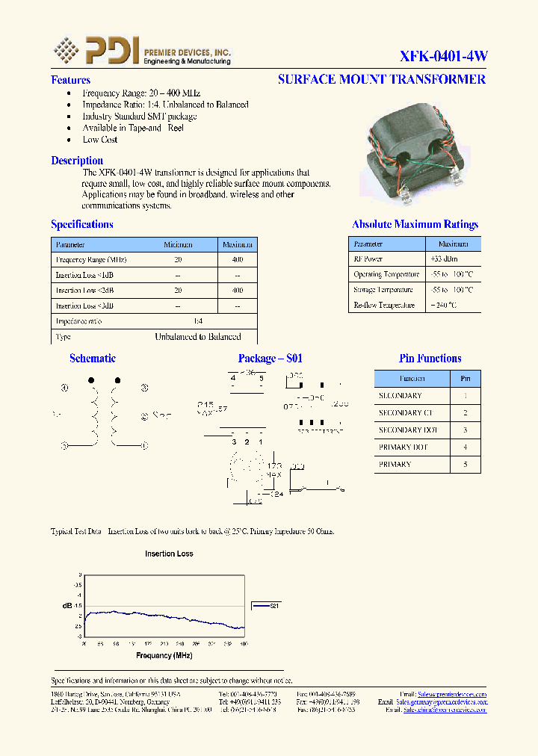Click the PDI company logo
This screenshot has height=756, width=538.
coord(96,51)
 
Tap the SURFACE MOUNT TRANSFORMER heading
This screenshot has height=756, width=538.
coord(381,79)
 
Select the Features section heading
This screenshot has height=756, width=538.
coord(70,80)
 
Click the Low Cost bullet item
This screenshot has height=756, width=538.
coord(100,140)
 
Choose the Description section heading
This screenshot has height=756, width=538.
coord(77,161)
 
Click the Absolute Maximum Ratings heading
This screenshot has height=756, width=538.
coord(415,224)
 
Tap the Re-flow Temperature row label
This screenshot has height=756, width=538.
coord(384,305)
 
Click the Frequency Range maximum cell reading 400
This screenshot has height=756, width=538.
coord(238,259)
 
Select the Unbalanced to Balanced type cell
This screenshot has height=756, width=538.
coord(198,337)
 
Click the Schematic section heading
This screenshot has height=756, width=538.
coord(93,359)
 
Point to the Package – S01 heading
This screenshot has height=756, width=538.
coord(270,359)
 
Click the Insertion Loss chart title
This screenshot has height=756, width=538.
coord(169,554)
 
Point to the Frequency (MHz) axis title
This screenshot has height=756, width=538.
coord(164,655)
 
